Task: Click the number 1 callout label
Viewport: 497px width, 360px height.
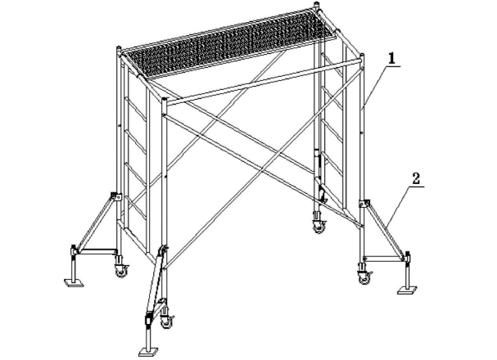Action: [x=391, y=59]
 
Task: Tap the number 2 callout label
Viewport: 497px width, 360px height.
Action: [x=416, y=178]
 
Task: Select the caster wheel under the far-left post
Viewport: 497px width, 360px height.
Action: [x=121, y=269]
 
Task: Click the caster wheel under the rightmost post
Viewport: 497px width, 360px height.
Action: [x=364, y=277]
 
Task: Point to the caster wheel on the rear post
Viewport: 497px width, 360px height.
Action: [x=319, y=226]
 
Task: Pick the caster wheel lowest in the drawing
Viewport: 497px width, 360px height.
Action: [x=165, y=321]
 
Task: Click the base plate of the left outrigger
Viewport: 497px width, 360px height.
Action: [x=74, y=282]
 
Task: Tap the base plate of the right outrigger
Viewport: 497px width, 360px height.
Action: [x=407, y=290]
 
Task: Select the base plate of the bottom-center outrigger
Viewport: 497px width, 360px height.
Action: [x=148, y=352]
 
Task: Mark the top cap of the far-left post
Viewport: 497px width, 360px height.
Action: [x=119, y=49]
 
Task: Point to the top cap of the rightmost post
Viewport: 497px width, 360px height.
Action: [x=362, y=57]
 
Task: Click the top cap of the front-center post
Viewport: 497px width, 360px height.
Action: [x=164, y=100]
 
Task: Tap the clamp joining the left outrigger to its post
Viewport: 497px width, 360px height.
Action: [x=115, y=196]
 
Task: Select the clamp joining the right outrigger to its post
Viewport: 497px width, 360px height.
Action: [x=364, y=203]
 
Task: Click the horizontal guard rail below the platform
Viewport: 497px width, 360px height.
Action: [x=264, y=80]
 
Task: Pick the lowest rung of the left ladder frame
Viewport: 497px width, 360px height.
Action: [x=136, y=207]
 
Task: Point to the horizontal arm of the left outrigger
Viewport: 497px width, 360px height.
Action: [x=97, y=252]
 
